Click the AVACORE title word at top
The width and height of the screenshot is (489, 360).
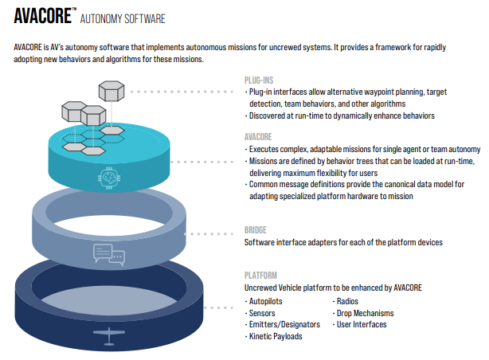(x=42, y=17)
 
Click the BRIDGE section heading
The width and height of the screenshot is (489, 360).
(x=256, y=229)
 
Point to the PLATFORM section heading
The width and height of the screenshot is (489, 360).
(x=260, y=274)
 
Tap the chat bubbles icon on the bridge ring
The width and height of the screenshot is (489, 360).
(x=108, y=253)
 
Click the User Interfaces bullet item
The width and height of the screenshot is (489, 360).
(x=363, y=324)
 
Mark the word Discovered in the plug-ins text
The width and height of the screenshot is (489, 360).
(x=269, y=115)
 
